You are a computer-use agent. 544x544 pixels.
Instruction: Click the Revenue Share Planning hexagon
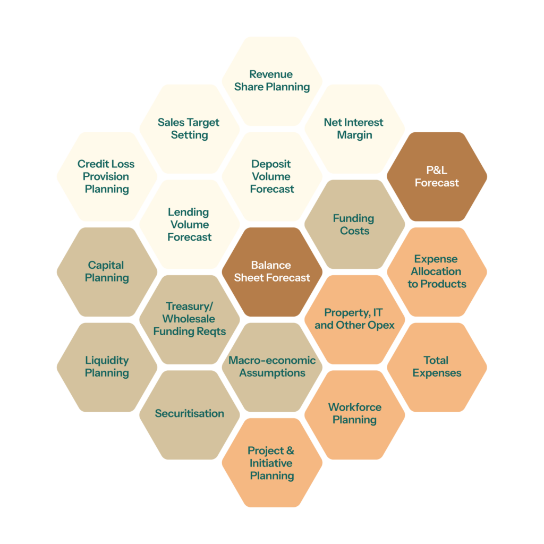(272, 81)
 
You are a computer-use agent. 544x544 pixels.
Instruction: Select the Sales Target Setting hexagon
(189, 129)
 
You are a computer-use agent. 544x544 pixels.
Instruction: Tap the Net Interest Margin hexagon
(354, 129)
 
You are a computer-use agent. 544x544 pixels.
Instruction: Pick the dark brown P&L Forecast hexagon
(437, 176)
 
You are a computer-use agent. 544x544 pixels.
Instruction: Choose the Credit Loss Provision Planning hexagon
(107, 176)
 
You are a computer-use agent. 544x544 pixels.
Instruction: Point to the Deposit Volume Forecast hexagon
(272, 176)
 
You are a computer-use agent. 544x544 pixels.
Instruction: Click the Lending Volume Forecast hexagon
(189, 224)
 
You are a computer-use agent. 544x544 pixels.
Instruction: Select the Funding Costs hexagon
(354, 224)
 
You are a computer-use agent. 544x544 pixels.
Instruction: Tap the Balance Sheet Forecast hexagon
(272, 271)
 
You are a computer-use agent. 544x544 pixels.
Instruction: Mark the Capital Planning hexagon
(107, 271)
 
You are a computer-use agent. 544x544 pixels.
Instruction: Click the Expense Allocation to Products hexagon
(437, 271)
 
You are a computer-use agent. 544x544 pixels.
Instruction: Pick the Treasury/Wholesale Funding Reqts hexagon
(189, 319)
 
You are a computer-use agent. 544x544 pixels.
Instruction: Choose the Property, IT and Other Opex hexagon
(354, 319)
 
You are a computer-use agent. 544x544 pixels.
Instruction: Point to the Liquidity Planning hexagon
(107, 367)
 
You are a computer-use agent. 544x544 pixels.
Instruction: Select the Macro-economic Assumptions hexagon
(272, 367)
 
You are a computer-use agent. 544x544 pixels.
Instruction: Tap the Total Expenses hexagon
(437, 367)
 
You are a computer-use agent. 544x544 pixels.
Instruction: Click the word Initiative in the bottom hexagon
(271, 463)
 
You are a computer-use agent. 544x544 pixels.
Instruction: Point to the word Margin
(354, 135)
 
